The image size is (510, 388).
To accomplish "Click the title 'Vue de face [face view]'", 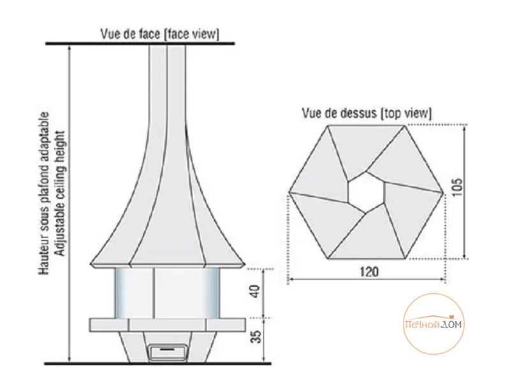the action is pyautogui.click(x=160, y=34).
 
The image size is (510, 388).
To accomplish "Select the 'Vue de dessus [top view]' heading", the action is pyautogui.click(x=367, y=113).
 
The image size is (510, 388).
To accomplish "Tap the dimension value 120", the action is pyautogui.click(x=369, y=271).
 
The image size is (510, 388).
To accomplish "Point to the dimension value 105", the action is pyautogui.click(x=457, y=187).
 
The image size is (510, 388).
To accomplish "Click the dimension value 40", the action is pyautogui.click(x=256, y=291).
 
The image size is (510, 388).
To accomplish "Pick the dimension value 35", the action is pyautogui.click(x=256, y=336).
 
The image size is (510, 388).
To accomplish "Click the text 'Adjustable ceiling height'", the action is pyautogui.click(x=61, y=194).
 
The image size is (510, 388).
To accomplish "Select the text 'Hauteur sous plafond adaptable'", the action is pyautogui.click(x=44, y=194).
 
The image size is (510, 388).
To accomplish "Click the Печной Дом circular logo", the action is pyautogui.click(x=434, y=324).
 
